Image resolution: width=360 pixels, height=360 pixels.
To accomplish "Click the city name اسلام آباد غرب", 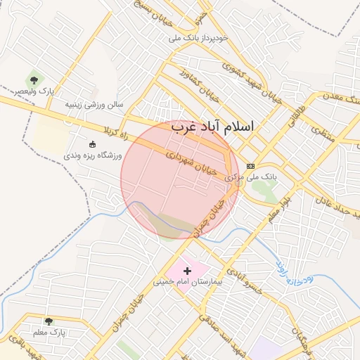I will coord(212,127).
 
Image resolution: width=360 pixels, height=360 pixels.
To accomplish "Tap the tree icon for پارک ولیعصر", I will coord(34,81).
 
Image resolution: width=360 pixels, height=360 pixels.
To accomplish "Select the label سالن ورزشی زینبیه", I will coord(94,105).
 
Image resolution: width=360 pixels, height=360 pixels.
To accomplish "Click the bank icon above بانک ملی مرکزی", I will coord(251,166).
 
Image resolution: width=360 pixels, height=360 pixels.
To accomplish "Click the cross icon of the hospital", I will coord(187,270).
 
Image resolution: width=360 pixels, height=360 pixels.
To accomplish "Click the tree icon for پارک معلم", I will coord(49,321).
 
